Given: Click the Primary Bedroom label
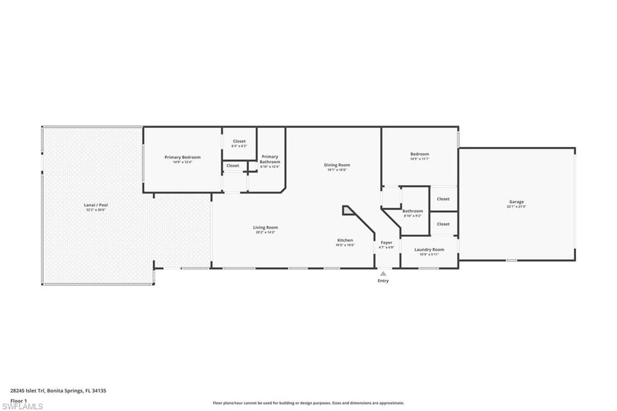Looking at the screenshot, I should point(183,157).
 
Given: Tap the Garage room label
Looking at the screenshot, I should point(516,202).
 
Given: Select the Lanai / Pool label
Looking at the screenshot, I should point(95,205).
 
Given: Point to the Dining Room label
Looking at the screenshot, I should point(337,165).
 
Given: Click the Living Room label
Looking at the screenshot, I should point(265,227).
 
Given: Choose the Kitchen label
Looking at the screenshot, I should point(345,240).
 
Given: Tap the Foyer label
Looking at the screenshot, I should point(386,242).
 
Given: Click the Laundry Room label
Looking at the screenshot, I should point(429,249).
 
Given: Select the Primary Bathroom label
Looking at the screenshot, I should point(270,159).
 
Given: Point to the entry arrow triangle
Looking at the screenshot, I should point(383,274).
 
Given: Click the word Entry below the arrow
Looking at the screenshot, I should point(383,281).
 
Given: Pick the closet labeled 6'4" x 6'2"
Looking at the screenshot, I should point(239,146).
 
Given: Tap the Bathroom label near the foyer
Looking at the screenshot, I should point(413,211).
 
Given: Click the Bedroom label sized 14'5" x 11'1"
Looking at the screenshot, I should point(419,154).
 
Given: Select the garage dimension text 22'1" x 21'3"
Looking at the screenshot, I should point(516,207).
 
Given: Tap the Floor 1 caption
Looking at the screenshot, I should point(19,400).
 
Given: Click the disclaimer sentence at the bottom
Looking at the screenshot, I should point(308,403).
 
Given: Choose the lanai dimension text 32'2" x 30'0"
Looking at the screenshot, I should point(95,210).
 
